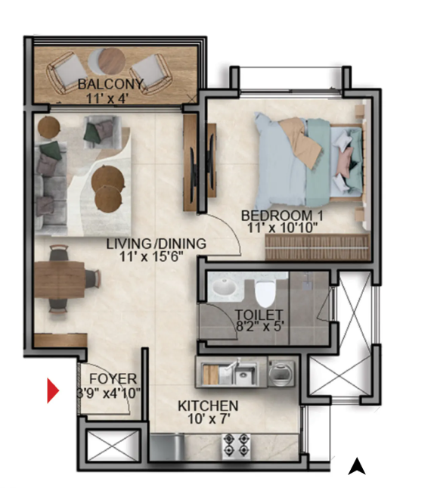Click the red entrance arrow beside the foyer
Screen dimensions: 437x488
click(53, 390)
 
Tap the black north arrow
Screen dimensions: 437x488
click(356, 466)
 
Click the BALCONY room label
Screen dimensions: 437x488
click(110, 84)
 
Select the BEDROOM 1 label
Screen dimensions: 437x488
click(282, 216)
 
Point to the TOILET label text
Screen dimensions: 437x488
click(259, 315)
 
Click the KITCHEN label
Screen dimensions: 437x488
click(208, 406)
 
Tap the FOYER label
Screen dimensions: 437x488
click(113, 379)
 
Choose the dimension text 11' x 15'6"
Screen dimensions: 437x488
click(151, 256)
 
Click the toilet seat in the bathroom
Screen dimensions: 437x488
click(265, 294)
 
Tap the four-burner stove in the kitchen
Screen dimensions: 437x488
click(236, 446)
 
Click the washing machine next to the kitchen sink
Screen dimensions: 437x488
click(281, 373)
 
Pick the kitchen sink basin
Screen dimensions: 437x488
click(245, 374)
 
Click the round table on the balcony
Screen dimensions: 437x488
click(111, 61)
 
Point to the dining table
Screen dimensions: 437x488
click(60, 279)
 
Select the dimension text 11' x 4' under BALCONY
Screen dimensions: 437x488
click(107, 98)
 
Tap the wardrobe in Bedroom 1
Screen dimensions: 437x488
click(318, 247)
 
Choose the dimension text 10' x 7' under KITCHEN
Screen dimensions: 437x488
click(209, 419)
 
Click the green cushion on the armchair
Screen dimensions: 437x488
click(92, 131)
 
